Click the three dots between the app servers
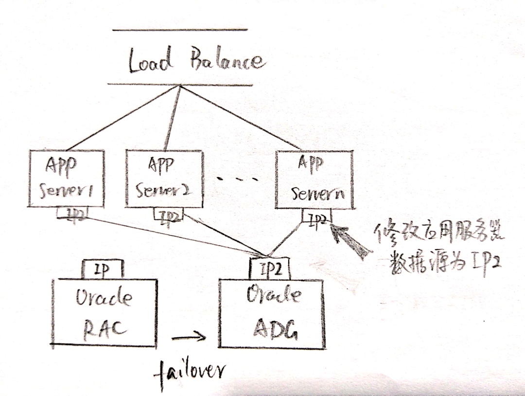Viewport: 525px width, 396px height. tap(237, 180)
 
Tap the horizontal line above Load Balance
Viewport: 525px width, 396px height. tap(180, 30)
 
